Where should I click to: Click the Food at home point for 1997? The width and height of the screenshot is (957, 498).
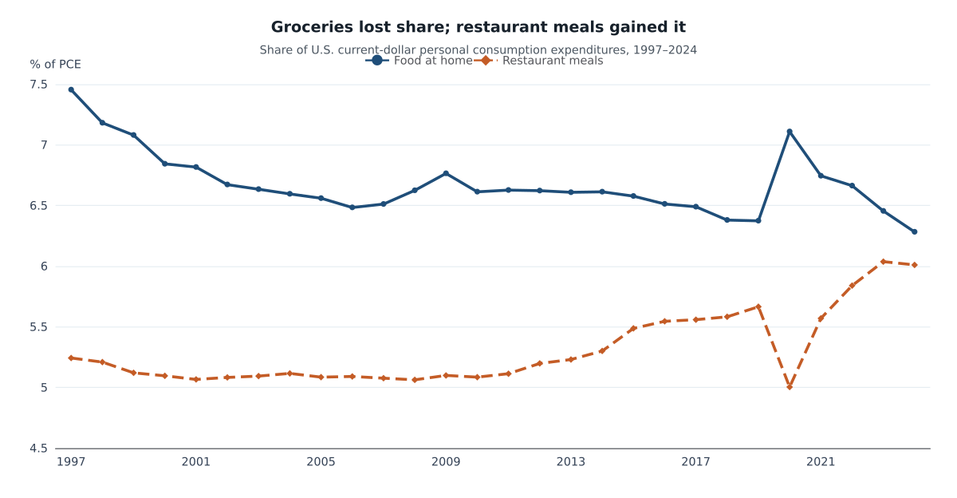[71, 89]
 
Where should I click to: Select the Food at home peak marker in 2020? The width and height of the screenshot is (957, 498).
[790, 132]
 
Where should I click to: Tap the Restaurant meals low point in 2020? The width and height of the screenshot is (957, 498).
[790, 387]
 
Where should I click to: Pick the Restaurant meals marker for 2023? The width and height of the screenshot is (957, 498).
[883, 262]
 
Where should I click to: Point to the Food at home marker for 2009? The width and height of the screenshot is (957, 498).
[446, 173]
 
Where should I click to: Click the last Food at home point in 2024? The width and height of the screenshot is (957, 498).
[914, 231]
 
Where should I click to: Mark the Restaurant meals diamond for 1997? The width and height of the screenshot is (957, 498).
[71, 358]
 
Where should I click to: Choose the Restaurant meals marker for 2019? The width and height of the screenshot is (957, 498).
[758, 306]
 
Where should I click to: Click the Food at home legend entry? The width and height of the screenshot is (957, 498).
[419, 61]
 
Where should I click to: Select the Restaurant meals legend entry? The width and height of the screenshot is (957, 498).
[539, 61]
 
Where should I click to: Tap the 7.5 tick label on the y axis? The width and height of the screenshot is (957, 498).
[38, 85]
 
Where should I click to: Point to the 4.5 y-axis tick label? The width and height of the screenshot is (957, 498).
[38, 449]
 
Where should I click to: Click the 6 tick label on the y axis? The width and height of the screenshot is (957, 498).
[44, 267]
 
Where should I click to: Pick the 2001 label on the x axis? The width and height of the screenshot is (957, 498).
[196, 462]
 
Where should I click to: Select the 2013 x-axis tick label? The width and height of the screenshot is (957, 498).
[571, 462]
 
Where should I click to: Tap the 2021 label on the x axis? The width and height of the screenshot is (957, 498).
[821, 462]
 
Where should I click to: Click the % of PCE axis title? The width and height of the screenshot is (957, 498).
[55, 65]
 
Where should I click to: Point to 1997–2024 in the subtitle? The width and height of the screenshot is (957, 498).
[665, 50]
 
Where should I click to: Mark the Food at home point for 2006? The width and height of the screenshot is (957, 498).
[352, 207]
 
